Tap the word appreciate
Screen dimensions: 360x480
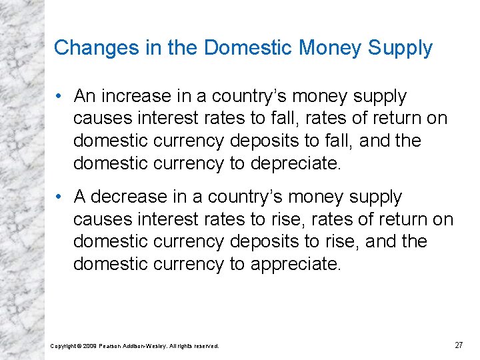click(x=295, y=265)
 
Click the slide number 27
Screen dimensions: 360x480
click(x=459, y=345)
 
